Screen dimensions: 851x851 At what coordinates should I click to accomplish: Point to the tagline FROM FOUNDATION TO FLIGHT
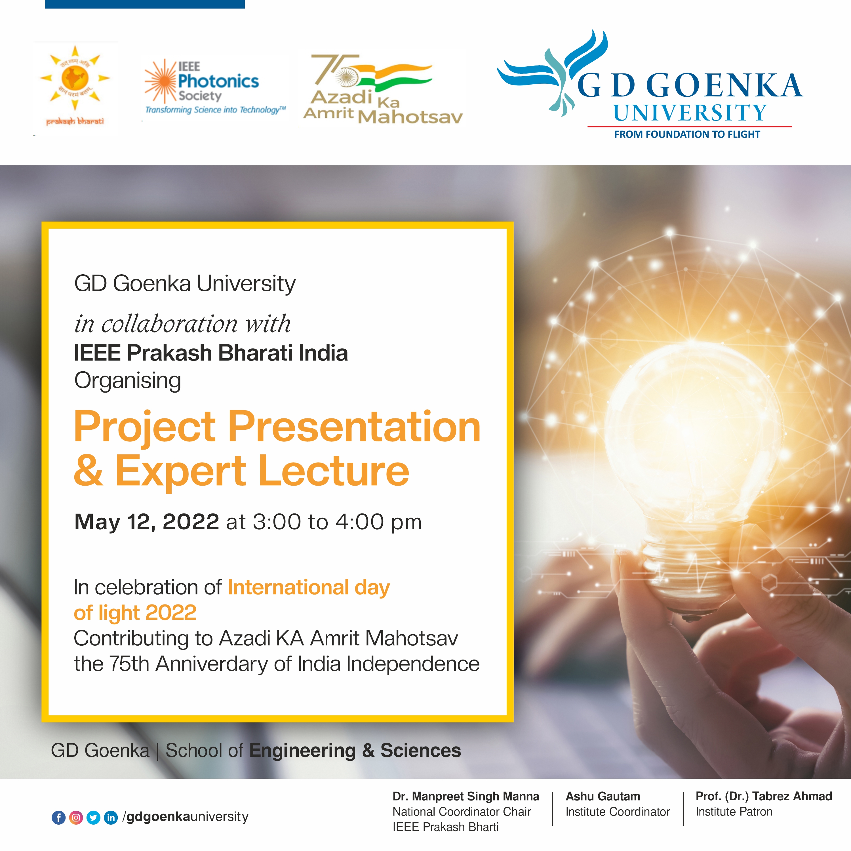click(687, 134)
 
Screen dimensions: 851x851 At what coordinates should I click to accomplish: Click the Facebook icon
click(59, 818)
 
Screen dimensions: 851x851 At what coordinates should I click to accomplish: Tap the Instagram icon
click(76, 818)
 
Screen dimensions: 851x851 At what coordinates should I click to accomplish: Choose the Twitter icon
click(93, 818)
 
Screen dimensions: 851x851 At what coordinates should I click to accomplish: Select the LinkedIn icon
click(111, 818)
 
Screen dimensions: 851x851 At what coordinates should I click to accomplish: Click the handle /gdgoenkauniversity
click(186, 817)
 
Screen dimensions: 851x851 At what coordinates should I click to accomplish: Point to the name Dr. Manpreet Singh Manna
click(465, 796)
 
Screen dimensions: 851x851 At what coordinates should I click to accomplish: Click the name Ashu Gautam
click(603, 796)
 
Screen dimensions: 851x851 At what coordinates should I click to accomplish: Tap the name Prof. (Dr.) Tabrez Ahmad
click(763, 796)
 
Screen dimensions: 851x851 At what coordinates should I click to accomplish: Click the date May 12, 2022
click(147, 523)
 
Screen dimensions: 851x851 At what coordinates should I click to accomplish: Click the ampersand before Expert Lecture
click(89, 470)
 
